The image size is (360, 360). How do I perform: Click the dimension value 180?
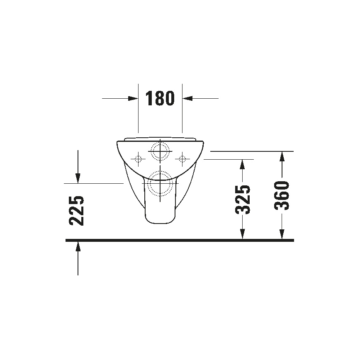(160, 99)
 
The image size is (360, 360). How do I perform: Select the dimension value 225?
(77, 211)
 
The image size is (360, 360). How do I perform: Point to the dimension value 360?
(282, 195)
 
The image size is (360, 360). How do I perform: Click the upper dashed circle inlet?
(160, 151)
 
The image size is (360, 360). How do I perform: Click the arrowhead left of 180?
(133, 98)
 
